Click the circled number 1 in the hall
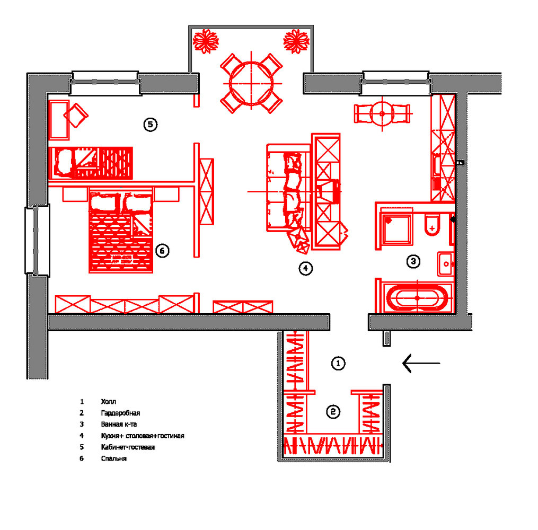click(338, 363)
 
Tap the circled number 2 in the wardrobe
click(332, 412)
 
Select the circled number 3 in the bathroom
click(413, 261)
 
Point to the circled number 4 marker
click(305, 269)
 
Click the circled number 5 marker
click(151, 125)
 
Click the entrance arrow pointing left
click(421, 363)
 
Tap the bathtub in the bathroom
click(417, 298)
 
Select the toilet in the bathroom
click(432, 225)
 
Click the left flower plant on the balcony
click(206, 41)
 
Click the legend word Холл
click(108, 402)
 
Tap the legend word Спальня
click(113, 458)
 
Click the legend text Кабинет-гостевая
click(128, 447)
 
